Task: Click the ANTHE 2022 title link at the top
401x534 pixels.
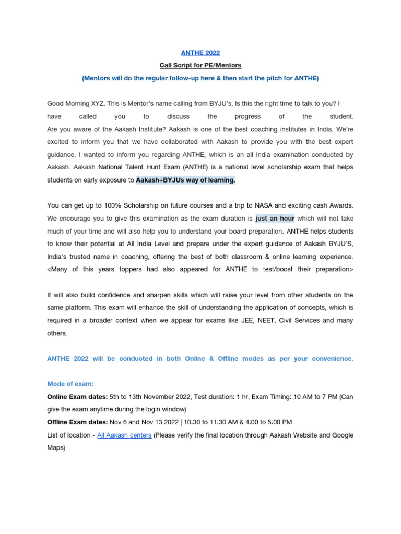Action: [200, 53]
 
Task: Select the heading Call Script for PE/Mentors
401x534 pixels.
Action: [200, 65]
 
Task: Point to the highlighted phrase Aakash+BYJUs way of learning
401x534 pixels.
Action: [185, 180]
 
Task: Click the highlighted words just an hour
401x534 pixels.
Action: [275, 218]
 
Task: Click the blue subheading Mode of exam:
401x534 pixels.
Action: [70, 384]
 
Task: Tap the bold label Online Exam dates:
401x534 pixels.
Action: [77, 397]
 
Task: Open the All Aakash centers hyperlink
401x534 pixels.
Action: [124, 435]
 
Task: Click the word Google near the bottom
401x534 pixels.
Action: [342, 435]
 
